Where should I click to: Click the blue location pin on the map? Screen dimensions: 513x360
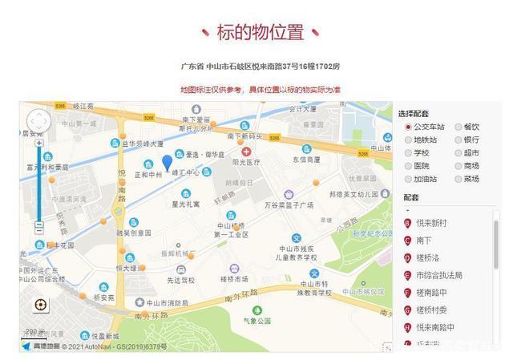(167, 162)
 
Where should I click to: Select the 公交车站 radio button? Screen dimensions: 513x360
(408, 127)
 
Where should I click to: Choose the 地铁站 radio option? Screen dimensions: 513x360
(408, 140)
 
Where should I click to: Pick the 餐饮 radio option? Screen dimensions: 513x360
(458, 127)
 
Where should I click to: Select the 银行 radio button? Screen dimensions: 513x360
(458, 140)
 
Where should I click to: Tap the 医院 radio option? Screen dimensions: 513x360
(408, 165)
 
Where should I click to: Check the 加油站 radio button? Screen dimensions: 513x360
(408, 178)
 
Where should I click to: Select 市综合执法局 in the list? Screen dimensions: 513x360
(438, 275)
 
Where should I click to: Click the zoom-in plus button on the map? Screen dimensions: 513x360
(38, 144)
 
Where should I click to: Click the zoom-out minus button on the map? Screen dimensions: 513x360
(38, 228)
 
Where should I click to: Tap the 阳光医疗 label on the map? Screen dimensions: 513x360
(246, 161)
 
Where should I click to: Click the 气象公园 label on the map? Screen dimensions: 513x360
(258, 321)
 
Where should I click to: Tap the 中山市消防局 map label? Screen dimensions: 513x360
(167, 303)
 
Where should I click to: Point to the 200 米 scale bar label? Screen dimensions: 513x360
(35, 331)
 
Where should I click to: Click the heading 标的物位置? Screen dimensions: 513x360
(261, 33)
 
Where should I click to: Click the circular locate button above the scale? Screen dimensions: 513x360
(41, 305)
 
